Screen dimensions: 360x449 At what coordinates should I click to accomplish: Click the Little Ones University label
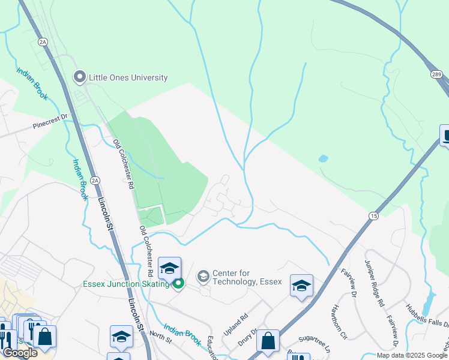128,77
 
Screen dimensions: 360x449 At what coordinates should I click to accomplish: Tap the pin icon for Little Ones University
79,76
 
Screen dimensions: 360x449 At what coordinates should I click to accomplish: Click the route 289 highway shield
436,73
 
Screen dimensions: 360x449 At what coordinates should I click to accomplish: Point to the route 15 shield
373,215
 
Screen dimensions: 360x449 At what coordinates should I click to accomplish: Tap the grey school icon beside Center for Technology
203,276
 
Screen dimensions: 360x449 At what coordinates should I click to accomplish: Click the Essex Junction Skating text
127,284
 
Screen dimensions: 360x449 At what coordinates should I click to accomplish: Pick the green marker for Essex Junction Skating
177,284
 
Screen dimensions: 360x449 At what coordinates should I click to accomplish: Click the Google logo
20,353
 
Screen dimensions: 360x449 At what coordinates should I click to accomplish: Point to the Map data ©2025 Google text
412,355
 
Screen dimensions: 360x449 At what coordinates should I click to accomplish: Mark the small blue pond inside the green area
324,159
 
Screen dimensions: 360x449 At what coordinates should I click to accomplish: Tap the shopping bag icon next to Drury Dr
268,341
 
